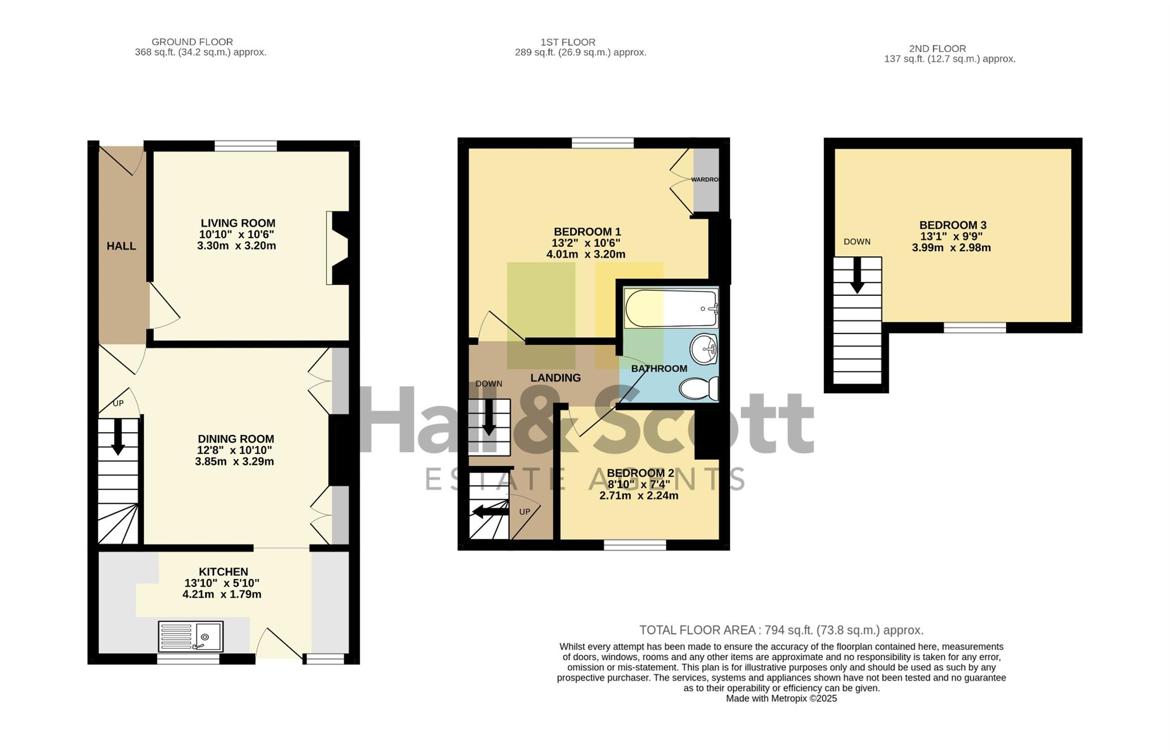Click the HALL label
tap(121, 246)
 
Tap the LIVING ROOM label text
tap(238, 223)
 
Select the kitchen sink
tap(191, 637)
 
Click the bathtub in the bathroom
tap(671, 308)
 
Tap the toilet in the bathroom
tap(699, 389)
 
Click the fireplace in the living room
tap(337, 248)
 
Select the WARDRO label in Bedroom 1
tap(705, 179)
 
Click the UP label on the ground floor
tap(118, 404)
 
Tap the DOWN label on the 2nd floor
tap(857, 242)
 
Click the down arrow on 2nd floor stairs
tap(858, 276)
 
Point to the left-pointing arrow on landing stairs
tap(490, 511)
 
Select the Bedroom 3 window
tap(975, 328)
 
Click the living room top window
tap(246, 146)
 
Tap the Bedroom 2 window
tap(635, 545)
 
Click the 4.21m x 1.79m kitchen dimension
tap(222, 595)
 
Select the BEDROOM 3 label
tap(953, 225)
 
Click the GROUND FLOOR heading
tap(193, 42)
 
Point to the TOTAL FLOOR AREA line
tap(781, 630)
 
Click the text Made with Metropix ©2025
tap(781, 698)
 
